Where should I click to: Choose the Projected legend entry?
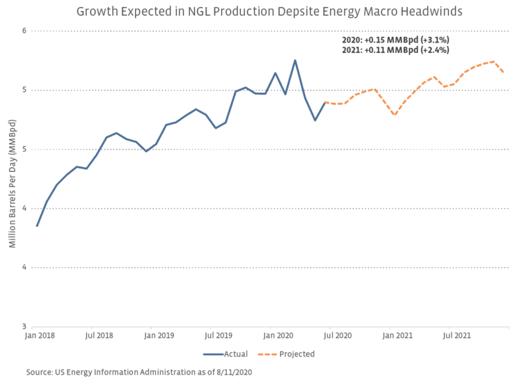coord(296,354)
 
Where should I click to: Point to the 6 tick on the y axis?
coord(24,31)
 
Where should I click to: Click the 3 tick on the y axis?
coord(24,327)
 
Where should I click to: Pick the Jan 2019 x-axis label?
coord(159,335)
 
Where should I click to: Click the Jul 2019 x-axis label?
coord(218,335)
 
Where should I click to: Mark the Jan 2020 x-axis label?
coord(278,335)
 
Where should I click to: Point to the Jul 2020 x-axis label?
coord(337,335)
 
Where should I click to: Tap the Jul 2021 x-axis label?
coord(457,335)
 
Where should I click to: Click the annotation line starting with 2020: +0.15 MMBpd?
coord(395,40)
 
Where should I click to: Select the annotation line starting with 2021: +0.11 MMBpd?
coord(395,50)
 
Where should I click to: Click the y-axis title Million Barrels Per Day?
coord(12,178)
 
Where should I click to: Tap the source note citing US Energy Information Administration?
coord(139,372)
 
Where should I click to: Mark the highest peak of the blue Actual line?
coord(295,60)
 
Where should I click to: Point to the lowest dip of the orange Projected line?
coord(395,115)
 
